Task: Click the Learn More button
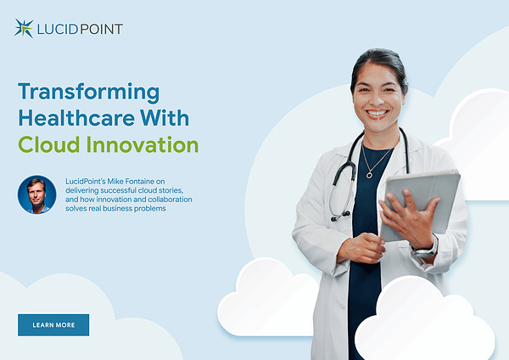pos(53,324)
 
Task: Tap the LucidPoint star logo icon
pos(24,28)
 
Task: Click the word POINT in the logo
pos(101,29)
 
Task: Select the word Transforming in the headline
pos(88,92)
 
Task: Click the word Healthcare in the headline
pos(76,118)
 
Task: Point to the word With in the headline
pos(165,118)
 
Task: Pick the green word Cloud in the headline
pos(49,144)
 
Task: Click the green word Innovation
pos(143,144)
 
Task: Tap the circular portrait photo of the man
pos(36,194)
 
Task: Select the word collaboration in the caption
pos(171,200)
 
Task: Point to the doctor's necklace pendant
pos(369,175)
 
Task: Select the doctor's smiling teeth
pos(377,113)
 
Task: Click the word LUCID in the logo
pos(58,29)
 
